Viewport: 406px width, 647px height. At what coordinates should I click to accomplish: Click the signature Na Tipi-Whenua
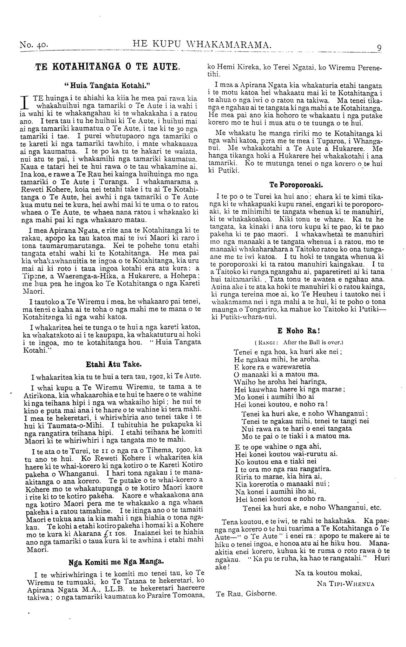point(346,583)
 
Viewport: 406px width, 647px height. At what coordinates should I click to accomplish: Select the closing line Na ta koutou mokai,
point(328,573)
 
